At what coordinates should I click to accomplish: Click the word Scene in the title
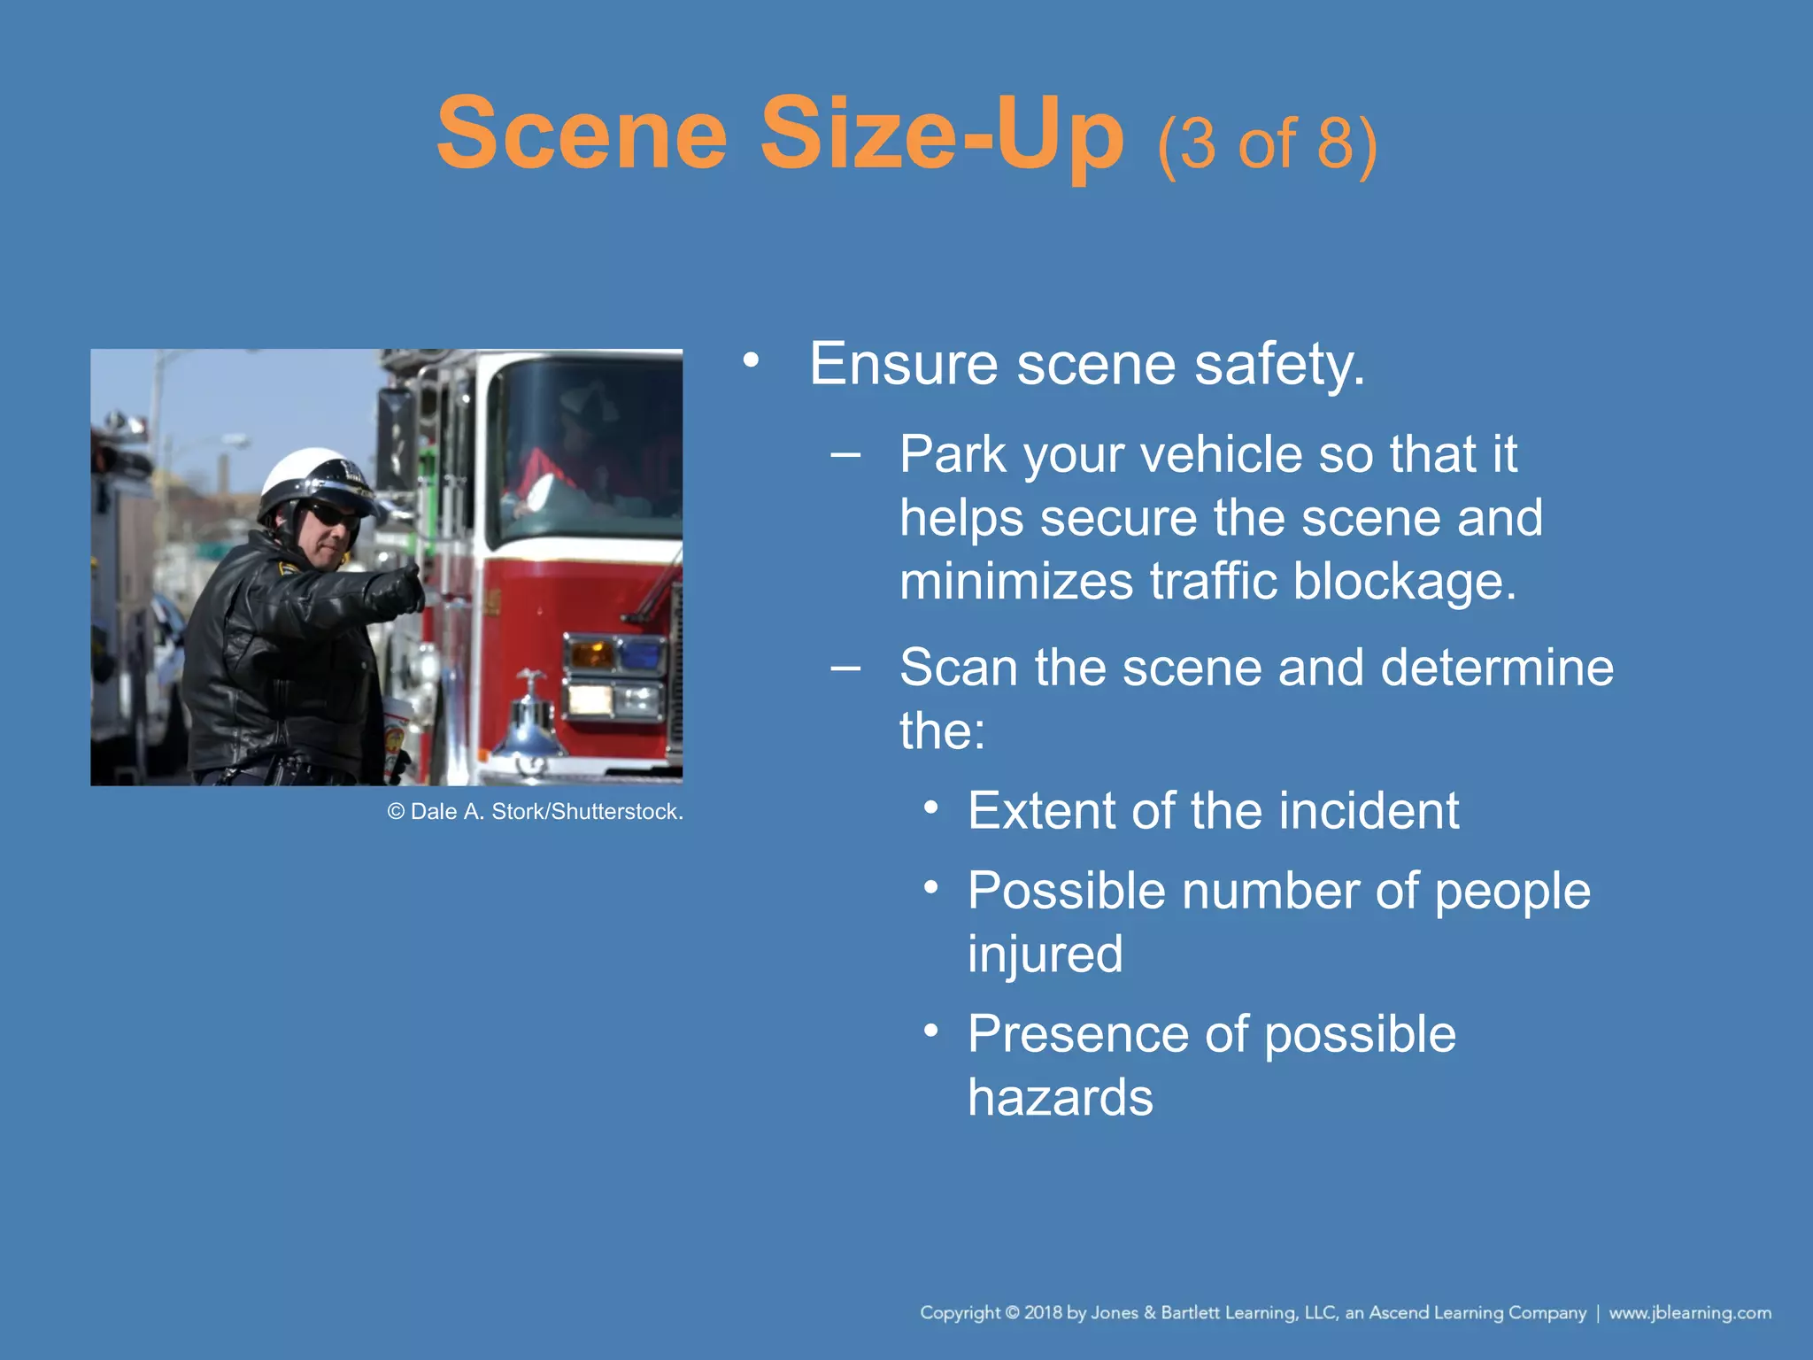click(x=582, y=135)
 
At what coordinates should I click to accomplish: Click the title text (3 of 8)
click(x=1267, y=143)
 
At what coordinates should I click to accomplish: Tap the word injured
click(x=1045, y=954)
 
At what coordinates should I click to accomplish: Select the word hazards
click(x=1060, y=1098)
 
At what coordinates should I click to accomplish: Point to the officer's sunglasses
click(x=333, y=515)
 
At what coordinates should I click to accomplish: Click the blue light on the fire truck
click(x=641, y=656)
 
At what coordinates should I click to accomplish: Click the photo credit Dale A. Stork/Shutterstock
click(x=535, y=812)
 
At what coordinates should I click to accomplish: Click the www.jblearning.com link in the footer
click(x=1689, y=1312)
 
